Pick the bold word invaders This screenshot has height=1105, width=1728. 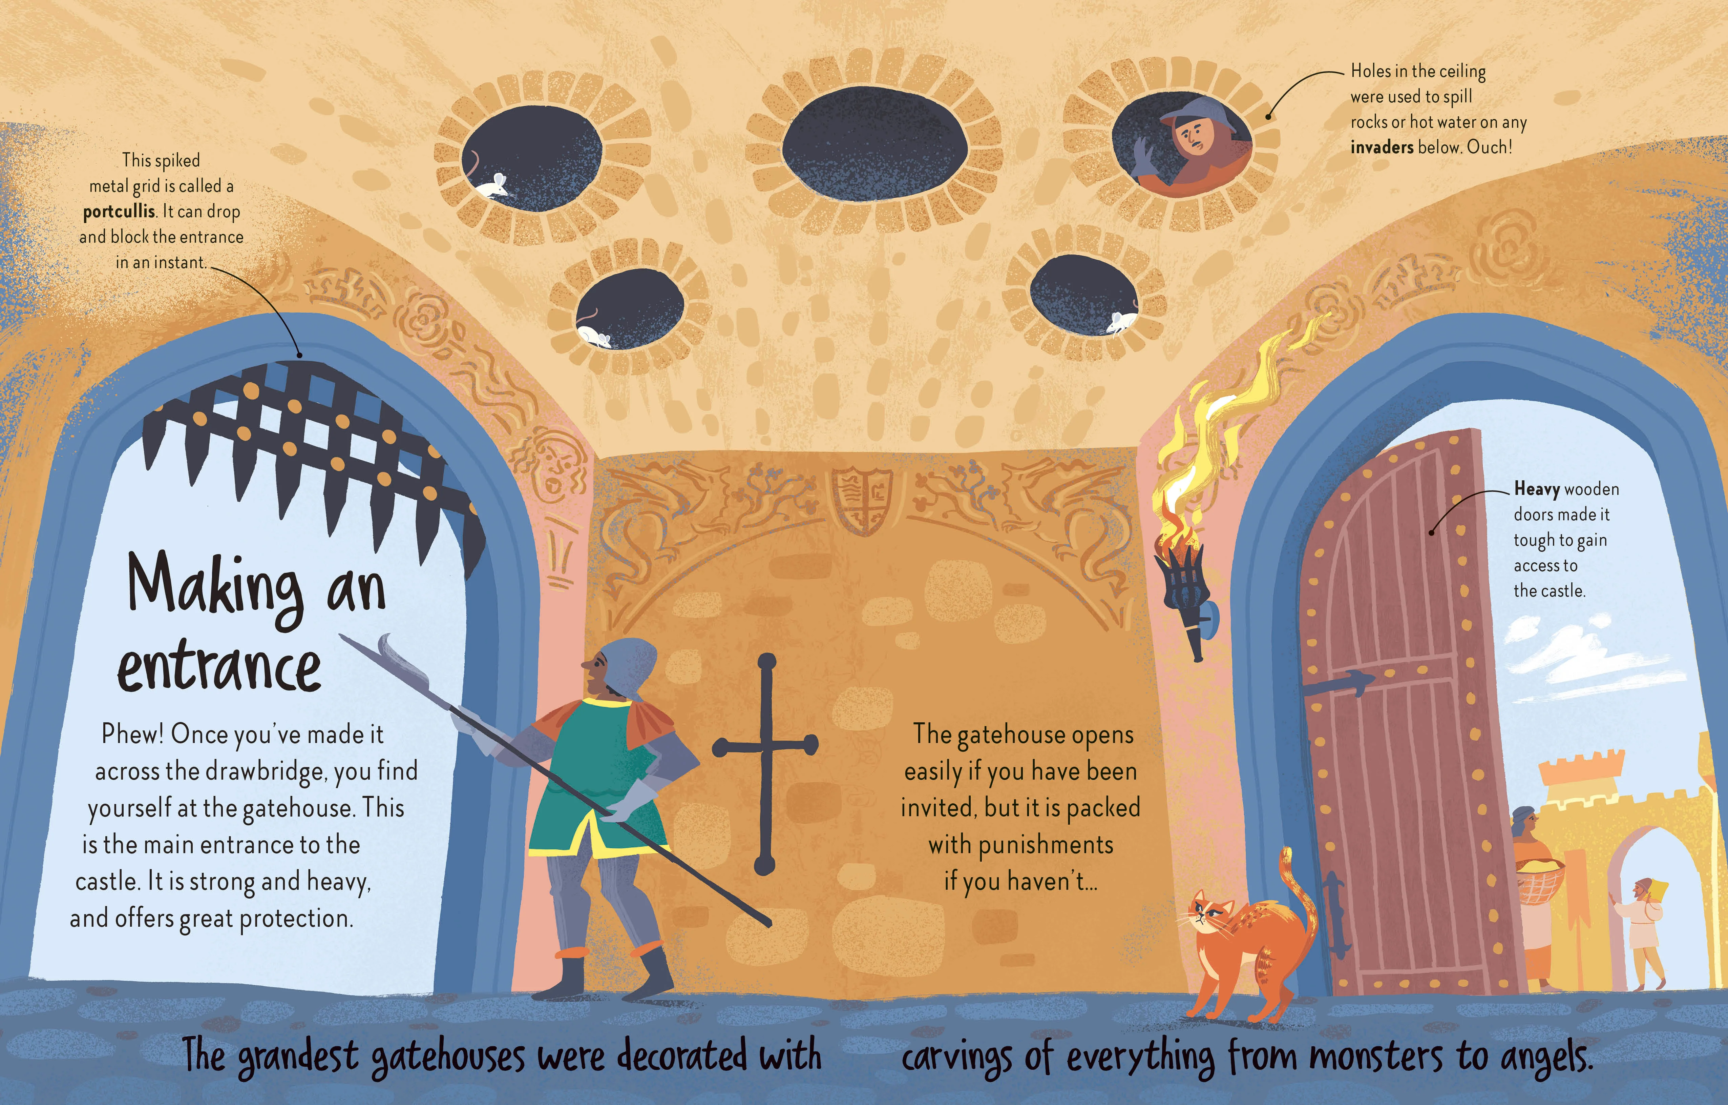pos(1382,147)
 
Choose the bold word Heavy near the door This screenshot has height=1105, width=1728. pos(1536,489)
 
